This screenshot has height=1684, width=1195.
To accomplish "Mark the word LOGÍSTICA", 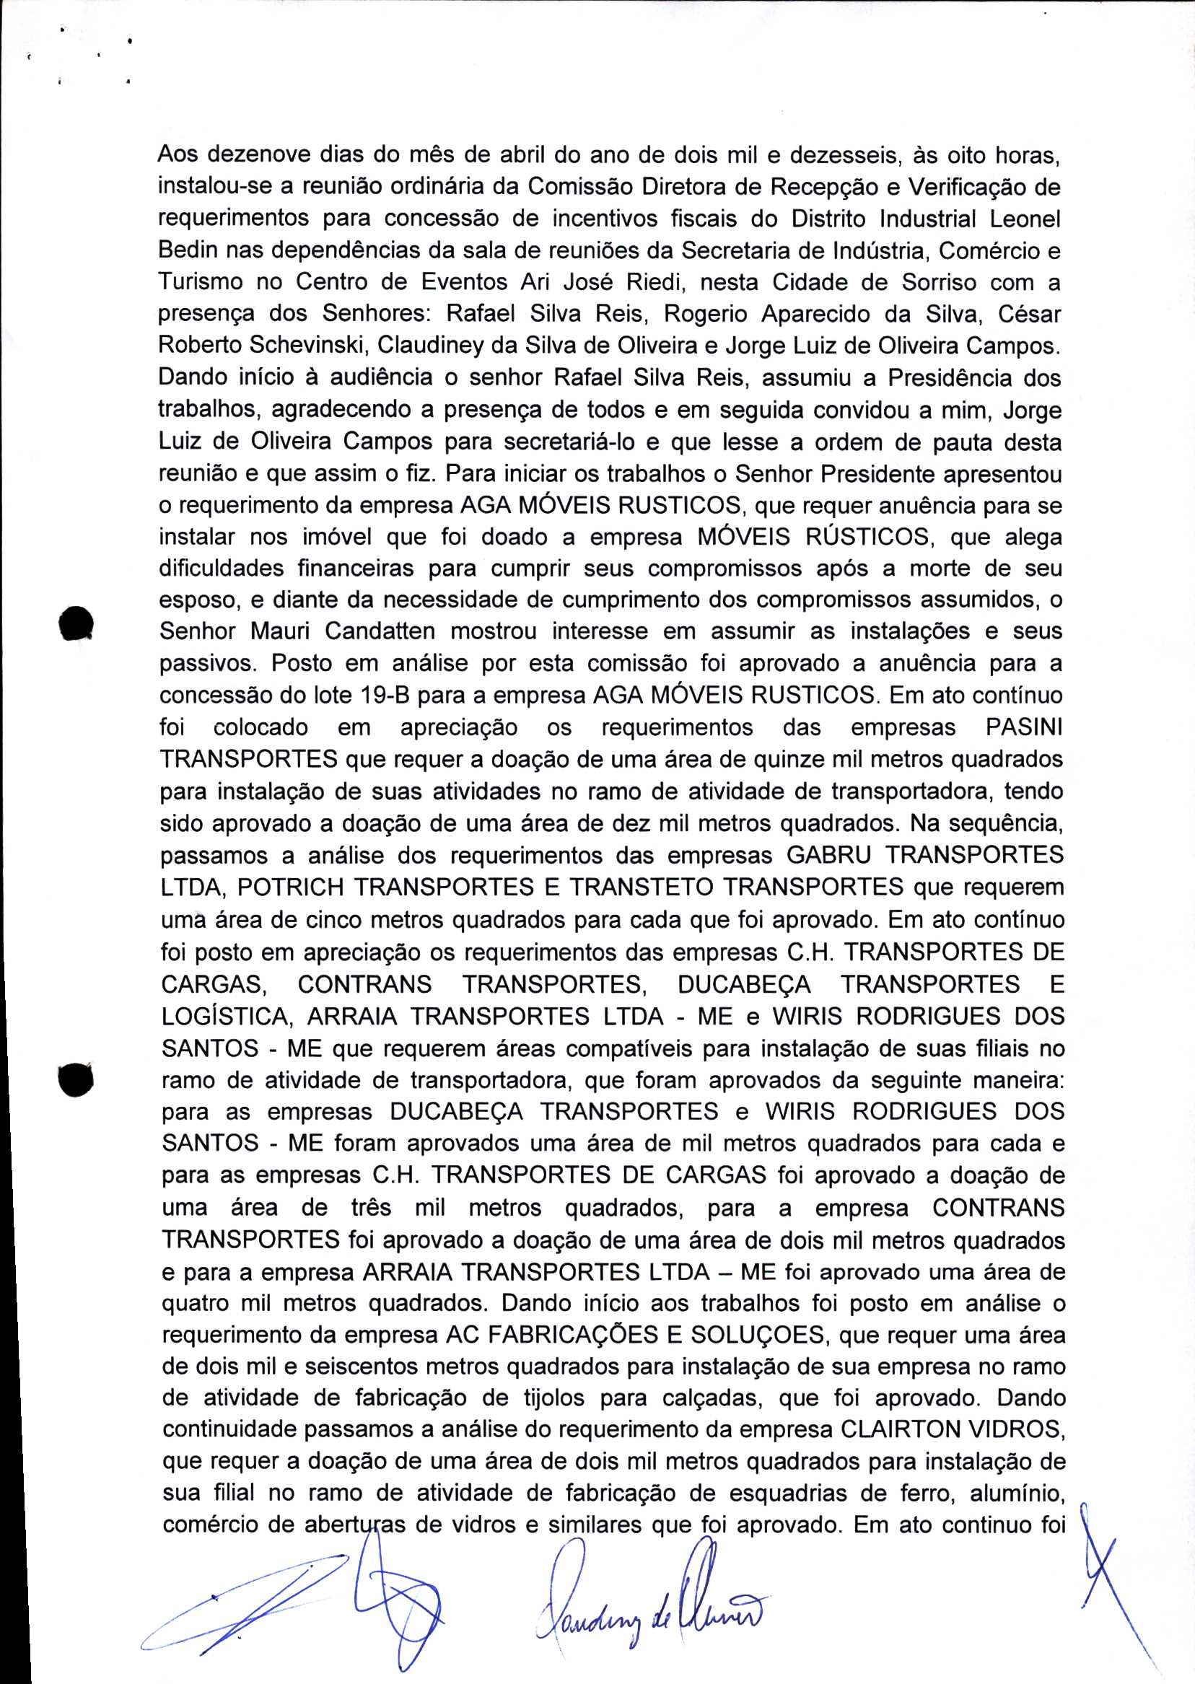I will (224, 1016).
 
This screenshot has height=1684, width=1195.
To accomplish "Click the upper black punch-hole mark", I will (76, 624).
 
